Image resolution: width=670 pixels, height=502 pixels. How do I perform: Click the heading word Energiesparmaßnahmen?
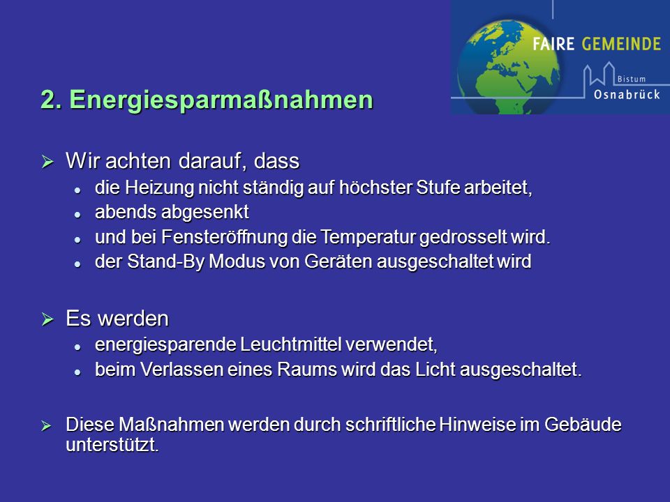221,100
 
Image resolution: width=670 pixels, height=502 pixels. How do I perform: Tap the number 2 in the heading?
49,100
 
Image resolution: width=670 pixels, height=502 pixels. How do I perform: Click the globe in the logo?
509,66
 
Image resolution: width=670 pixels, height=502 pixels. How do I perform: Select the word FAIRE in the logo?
553,43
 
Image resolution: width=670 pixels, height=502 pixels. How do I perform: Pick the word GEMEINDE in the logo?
621,43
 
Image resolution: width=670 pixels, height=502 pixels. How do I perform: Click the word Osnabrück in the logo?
627,94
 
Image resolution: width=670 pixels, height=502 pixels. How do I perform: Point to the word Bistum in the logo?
631,79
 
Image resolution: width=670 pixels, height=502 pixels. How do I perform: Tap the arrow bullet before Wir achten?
47,162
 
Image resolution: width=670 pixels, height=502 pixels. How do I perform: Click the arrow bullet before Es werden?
47,319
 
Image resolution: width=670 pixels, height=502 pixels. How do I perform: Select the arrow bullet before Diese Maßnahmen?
46,425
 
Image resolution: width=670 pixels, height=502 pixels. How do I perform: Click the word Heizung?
159,188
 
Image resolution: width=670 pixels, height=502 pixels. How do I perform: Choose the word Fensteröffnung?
224,237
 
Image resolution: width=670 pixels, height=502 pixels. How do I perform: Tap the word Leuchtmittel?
291,344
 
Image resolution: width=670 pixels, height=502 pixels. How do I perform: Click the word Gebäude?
583,425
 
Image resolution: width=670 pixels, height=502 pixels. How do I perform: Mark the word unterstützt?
112,446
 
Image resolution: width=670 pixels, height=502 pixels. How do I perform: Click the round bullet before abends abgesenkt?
77,215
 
